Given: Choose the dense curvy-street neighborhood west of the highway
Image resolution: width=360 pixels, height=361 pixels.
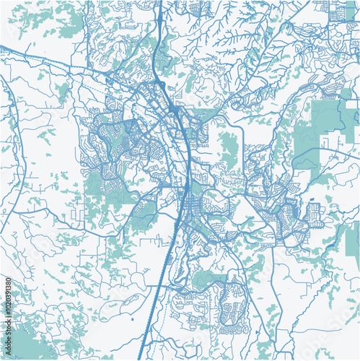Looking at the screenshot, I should tap(115, 141).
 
